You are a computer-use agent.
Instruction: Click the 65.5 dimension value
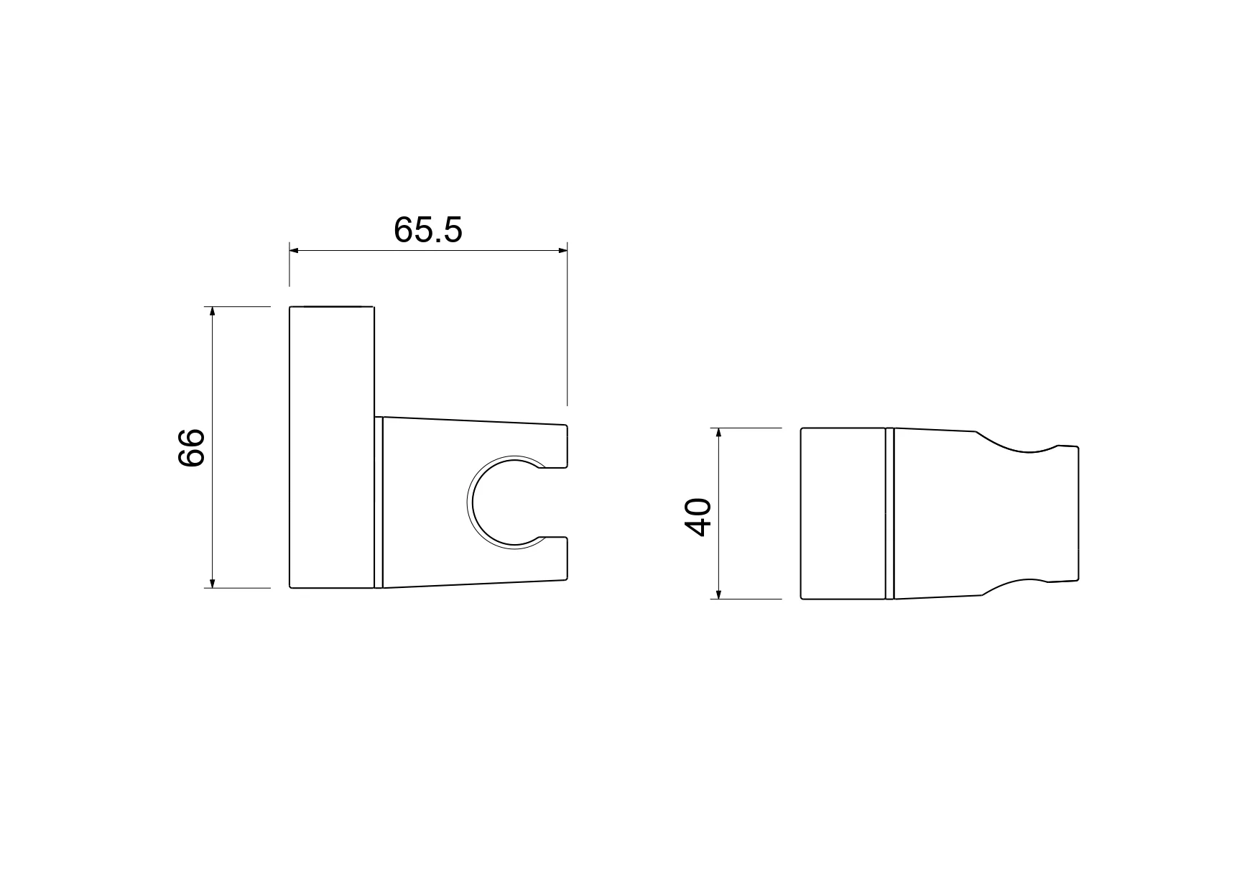(x=428, y=230)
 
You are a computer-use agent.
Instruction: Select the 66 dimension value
(x=191, y=448)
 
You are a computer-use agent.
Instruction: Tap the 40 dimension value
(x=698, y=516)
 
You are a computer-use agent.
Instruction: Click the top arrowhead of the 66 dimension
(x=212, y=312)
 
